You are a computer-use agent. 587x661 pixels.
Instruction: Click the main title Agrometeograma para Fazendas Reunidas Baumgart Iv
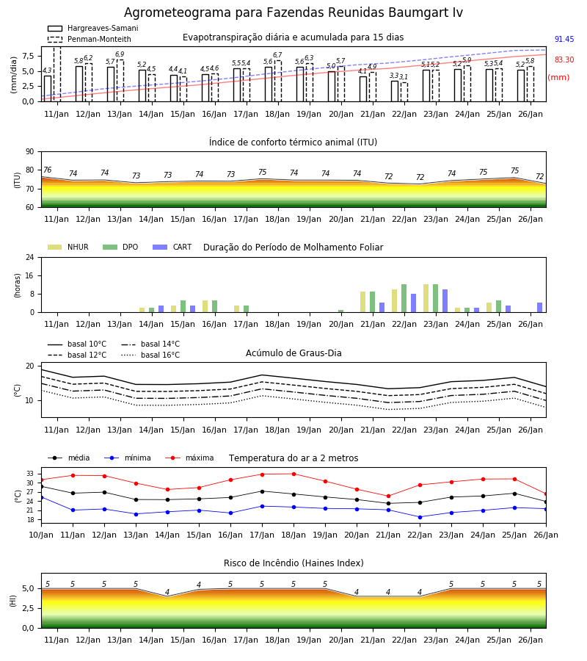click(x=293, y=12)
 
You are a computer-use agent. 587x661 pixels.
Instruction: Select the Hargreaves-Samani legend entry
click(x=92, y=28)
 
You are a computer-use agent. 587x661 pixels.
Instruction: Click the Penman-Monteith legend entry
click(x=90, y=39)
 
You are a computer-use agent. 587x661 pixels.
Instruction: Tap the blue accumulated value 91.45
click(x=564, y=39)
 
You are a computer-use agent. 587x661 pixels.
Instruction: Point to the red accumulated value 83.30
click(x=564, y=60)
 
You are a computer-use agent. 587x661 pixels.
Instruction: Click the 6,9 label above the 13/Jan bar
click(x=120, y=54)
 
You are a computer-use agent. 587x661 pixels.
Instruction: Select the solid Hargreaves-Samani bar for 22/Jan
click(x=395, y=91)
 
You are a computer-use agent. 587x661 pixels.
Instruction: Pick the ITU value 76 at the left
click(x=48, y=170)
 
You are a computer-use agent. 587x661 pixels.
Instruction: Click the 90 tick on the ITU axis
click(x=29, y=152)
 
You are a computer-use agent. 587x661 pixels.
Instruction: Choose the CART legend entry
click(x=172, y=247)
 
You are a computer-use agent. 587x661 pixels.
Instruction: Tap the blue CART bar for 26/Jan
click(x=539, y=308)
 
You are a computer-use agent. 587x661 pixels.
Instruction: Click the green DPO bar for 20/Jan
click(x=340, y=311)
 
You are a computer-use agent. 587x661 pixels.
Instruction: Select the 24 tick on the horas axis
click(x=29, y=258)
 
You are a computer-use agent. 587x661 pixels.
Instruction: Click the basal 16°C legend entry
click(x=150, y=355)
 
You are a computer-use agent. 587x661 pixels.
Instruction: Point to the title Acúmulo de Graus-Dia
click(x=293, y=353)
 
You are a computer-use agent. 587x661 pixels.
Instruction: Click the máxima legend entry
click(x=189, y=458)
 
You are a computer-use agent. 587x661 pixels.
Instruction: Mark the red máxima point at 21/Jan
click(x=388, y=496)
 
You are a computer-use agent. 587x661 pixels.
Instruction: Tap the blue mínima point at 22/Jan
click(x=420, y=517)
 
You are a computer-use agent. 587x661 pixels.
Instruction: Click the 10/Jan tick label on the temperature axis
click(x=41, y=535)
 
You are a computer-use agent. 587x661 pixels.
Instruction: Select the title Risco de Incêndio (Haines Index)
click(x=293, y=563)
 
